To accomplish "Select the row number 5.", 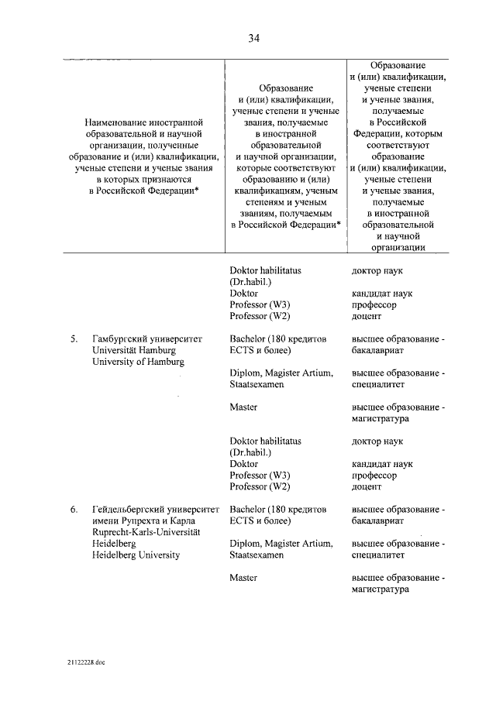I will pos(74,338).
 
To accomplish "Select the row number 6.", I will pos(74,510).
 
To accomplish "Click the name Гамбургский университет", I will pos(146,338).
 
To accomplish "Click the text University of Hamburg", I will pos(138,361).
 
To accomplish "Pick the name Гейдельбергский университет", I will pos(157,510).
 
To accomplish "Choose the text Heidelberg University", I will pos(136,555).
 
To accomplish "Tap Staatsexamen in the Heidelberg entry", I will pos(257,555).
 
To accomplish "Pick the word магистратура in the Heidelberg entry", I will pos(380,589).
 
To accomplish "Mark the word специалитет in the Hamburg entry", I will pos(377,384).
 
